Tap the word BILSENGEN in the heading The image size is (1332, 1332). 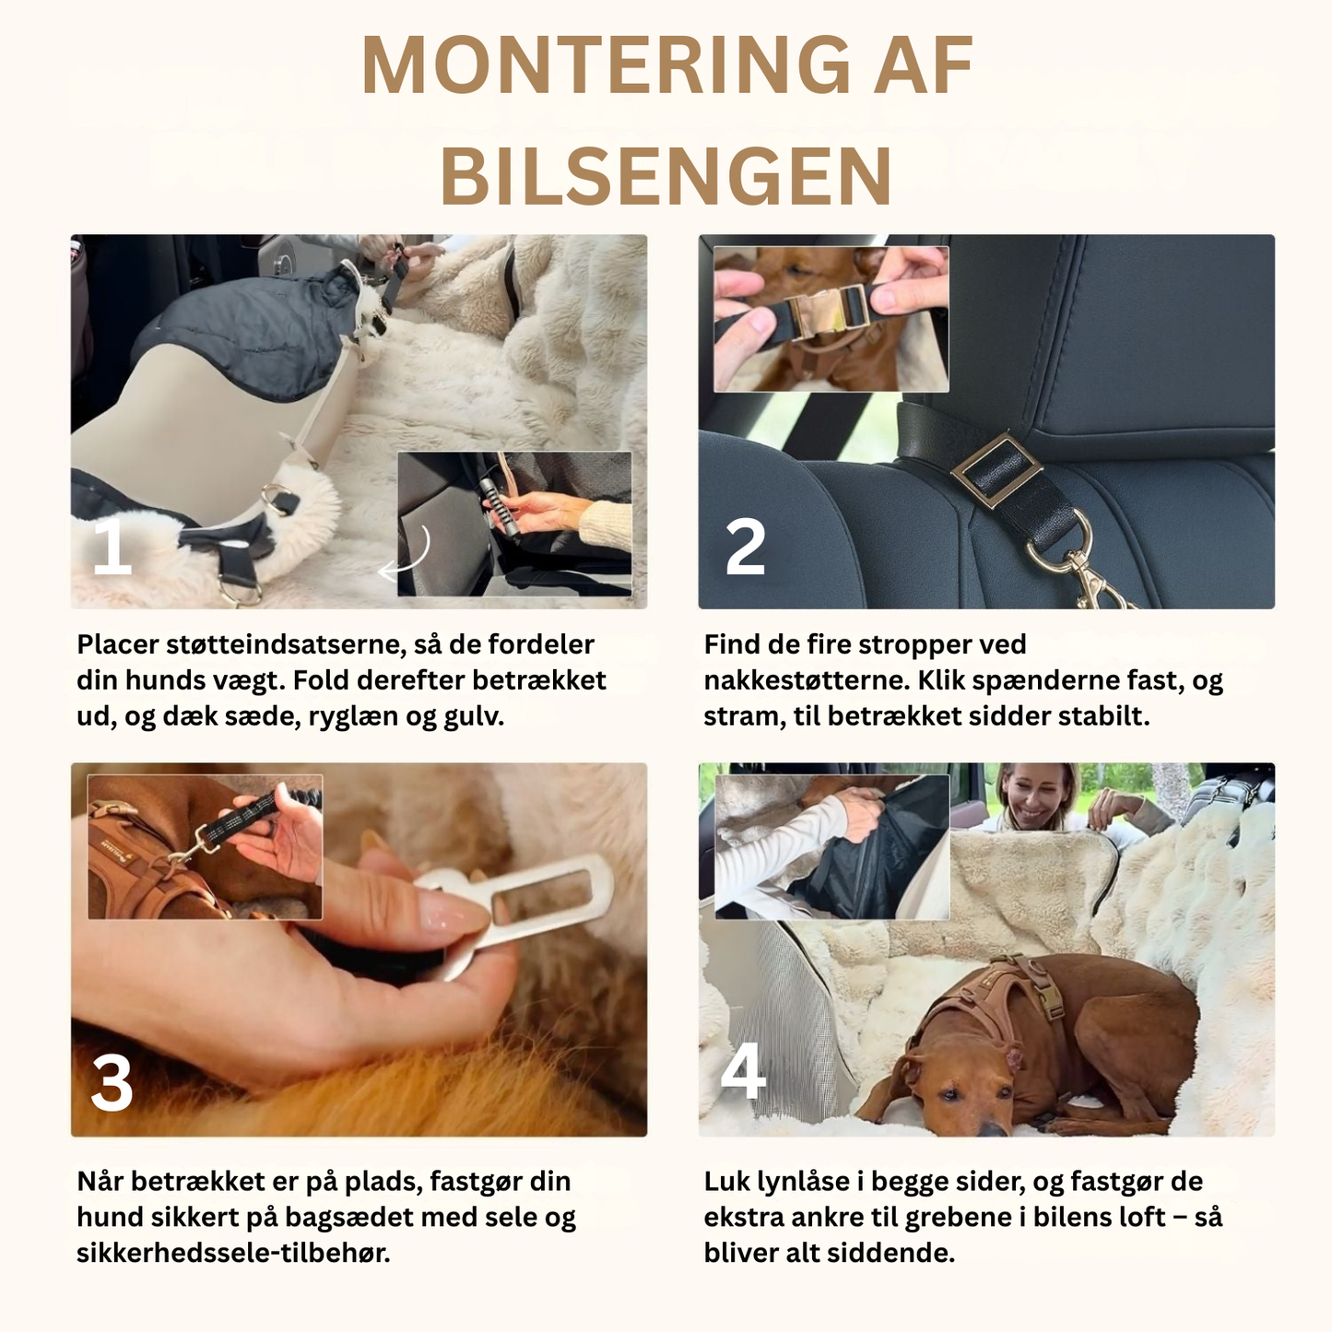point(666,176)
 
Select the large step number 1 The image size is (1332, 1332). point(112,548)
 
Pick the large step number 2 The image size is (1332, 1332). point(745,548)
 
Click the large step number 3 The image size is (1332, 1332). point(112,1083)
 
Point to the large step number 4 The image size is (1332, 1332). point(743,1071)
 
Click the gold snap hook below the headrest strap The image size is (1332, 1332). point(1088,572)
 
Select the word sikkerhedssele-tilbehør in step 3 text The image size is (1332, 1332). point(232,1253)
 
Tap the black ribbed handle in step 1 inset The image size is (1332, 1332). point(498,507)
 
